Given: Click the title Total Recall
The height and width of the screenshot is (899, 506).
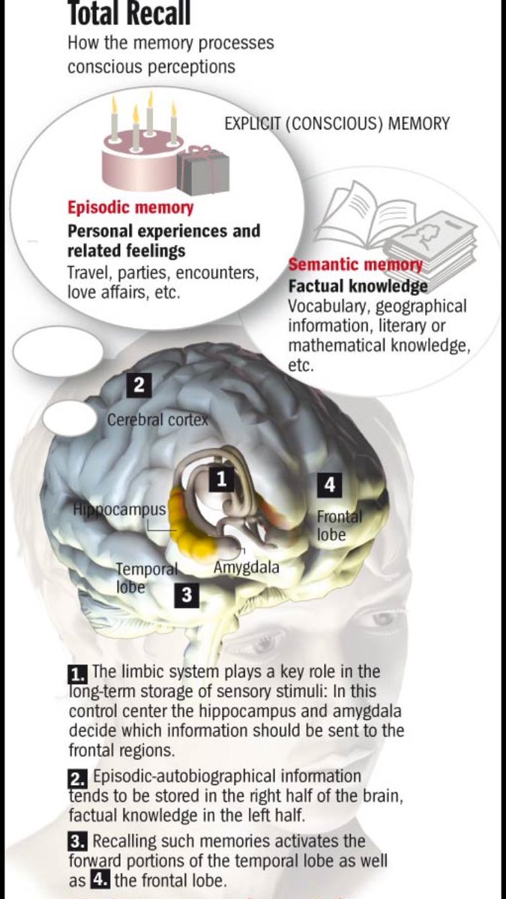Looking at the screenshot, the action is tap(129, 13).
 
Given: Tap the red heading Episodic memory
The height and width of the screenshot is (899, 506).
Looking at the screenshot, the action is tap(130, 208).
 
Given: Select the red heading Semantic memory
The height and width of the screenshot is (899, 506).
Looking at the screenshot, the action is tap(355, 264).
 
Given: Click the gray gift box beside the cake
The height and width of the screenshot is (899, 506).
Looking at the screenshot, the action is tap(203, 171).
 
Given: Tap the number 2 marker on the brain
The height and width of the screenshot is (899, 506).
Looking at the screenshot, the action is tap(139, 387).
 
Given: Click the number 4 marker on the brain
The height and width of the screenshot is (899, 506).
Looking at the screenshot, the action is tap(329, 485).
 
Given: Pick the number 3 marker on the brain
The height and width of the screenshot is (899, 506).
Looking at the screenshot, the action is tap(187, 596).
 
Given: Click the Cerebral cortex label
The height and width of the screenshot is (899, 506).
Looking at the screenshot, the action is tap(157, 420).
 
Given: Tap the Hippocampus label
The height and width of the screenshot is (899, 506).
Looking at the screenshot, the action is tap(119, 509).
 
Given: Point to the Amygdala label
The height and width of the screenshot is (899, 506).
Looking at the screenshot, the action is tap(246, 567).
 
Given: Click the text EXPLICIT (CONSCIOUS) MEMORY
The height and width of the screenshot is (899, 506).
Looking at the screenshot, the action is tap(337, 124).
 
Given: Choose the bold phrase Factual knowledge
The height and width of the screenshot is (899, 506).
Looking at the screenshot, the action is tap(358, 286).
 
